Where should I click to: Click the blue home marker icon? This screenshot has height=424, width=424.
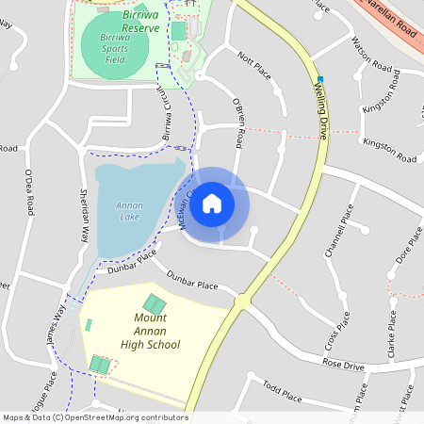tap(212, 203)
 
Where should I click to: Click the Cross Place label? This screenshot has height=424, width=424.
tap(336, 331)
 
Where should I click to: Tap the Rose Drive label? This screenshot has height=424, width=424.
tap(343, 363)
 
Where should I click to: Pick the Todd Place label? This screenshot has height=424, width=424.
tap(282, 390)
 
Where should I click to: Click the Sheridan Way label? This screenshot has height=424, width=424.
tap(84, 216)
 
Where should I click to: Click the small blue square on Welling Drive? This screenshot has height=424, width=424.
tap(320, 79)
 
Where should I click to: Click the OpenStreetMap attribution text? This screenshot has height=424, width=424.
tap(94, 417)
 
